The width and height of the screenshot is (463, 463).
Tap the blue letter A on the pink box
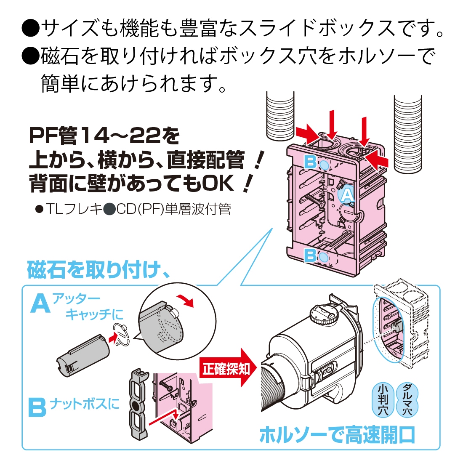[x=346, y=195]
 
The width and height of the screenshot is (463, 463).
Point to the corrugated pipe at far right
[x=407, y=133]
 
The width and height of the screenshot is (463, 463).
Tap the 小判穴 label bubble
[x=383, y=400]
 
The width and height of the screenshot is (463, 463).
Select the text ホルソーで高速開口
[x=337, y=435]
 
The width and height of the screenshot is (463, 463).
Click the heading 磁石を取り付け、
[x=99, y=270]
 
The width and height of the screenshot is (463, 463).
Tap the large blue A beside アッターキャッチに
[x=41, y=304]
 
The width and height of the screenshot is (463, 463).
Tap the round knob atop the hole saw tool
[x=324, y=314]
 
